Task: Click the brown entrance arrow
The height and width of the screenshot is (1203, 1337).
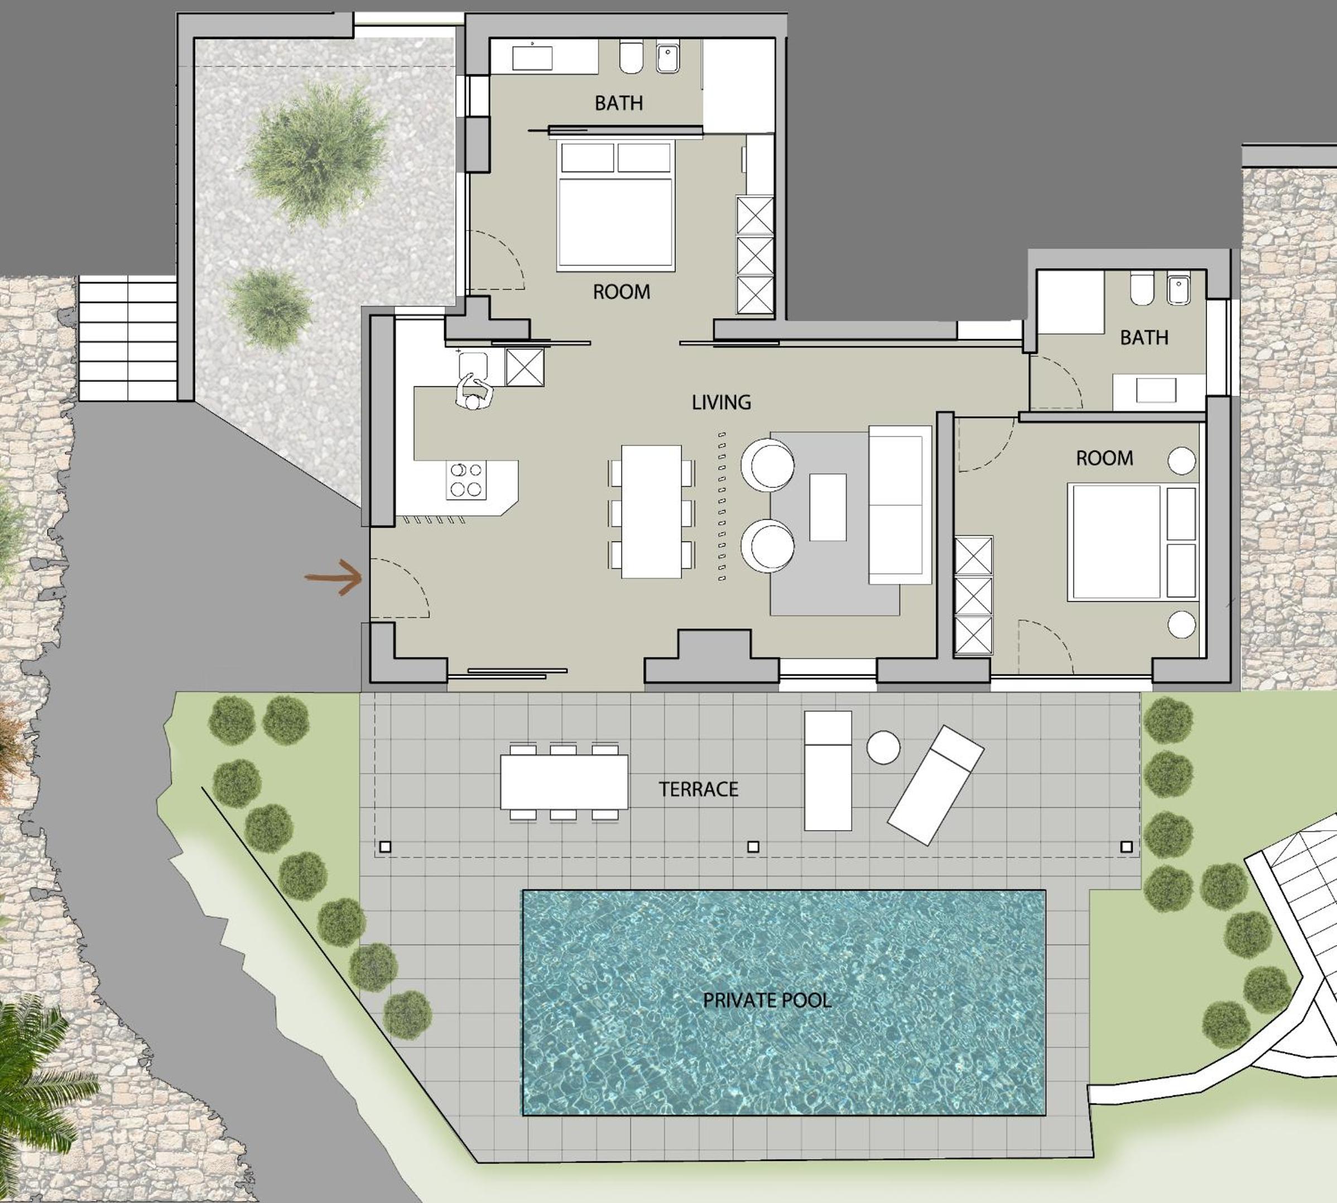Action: (334, 577)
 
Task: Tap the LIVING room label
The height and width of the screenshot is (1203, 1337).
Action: (722, 402)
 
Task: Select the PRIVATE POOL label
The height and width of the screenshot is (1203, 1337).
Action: (766, 1000)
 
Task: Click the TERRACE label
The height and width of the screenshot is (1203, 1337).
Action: (698, 789)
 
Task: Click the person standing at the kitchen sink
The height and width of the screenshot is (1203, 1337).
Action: (474, 392)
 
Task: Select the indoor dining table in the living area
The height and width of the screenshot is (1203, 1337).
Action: (651, 511)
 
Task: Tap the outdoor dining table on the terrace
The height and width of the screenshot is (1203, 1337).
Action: (564, 782)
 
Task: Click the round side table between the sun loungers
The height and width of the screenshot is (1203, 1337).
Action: (883, 747)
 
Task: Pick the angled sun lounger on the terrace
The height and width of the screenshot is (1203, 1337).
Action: (935, 784)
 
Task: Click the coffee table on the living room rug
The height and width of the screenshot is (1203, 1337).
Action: (828, 507)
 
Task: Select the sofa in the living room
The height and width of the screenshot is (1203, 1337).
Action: (900, 505)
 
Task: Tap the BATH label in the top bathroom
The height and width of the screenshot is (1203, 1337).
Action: (618, 103)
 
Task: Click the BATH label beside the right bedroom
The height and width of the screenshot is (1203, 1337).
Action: (1144, 338)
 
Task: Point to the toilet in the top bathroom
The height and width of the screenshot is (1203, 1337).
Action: (632, 57)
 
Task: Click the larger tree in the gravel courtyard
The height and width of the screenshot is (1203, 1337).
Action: (316, 151)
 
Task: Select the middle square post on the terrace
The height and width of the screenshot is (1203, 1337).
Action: (753, 847)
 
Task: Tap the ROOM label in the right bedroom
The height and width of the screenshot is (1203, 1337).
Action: (1104, 458)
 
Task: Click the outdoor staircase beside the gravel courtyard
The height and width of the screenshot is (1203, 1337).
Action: (127, 338)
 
